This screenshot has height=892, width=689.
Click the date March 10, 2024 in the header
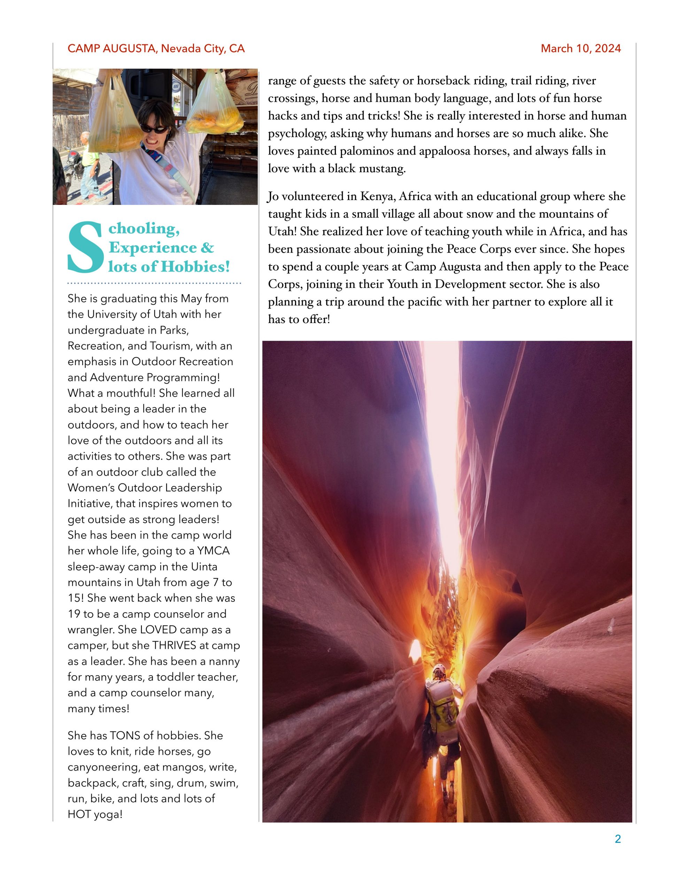click(x=580, y=48)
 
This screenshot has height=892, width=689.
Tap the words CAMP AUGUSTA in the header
click(x=111, y=48)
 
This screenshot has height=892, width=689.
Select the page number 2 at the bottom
click(x=618, y=839)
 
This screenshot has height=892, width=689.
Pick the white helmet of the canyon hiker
click(x=439, y=669)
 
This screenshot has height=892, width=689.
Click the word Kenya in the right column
click(x=376, y=197)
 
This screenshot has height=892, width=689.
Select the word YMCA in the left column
click(x=213, y=551)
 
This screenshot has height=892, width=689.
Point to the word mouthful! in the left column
click(x=131, y=393)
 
